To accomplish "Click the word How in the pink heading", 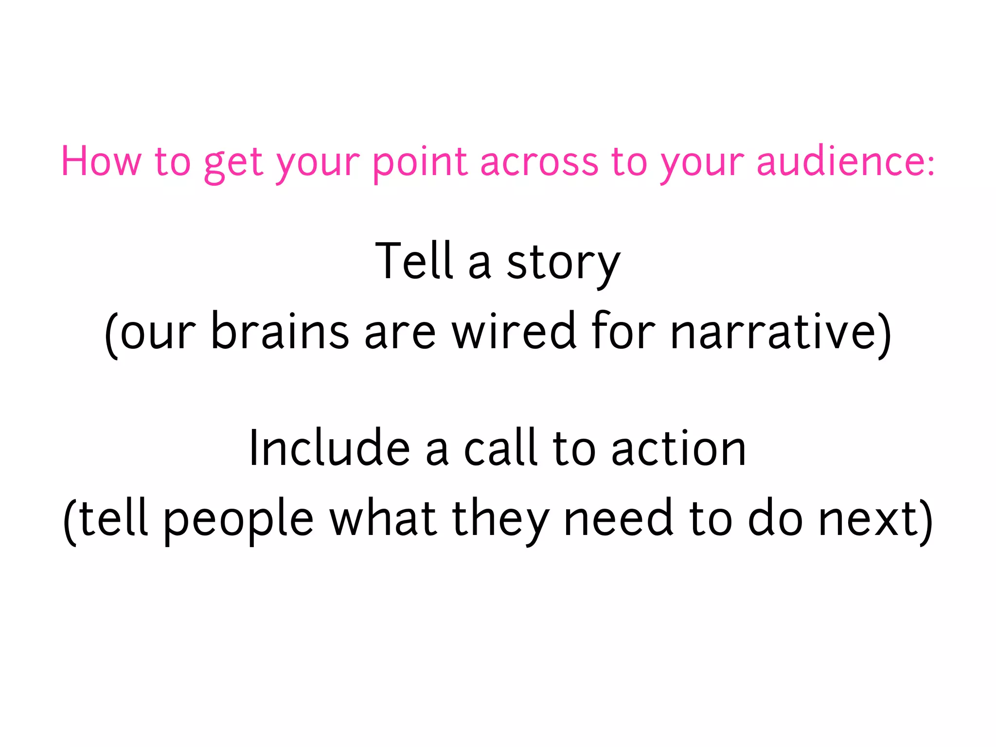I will pos(101,161).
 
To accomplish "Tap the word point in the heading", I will pos(420,162).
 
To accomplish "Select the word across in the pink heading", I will pos(539,162).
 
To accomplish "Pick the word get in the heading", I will pos(233,163).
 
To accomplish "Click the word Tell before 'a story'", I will pos(414,261).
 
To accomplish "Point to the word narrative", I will pos(773,332).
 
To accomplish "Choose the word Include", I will pos(329,448).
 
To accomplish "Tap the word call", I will pos(500,448).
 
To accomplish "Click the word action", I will pos(678,448).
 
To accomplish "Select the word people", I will pos(238,519).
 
